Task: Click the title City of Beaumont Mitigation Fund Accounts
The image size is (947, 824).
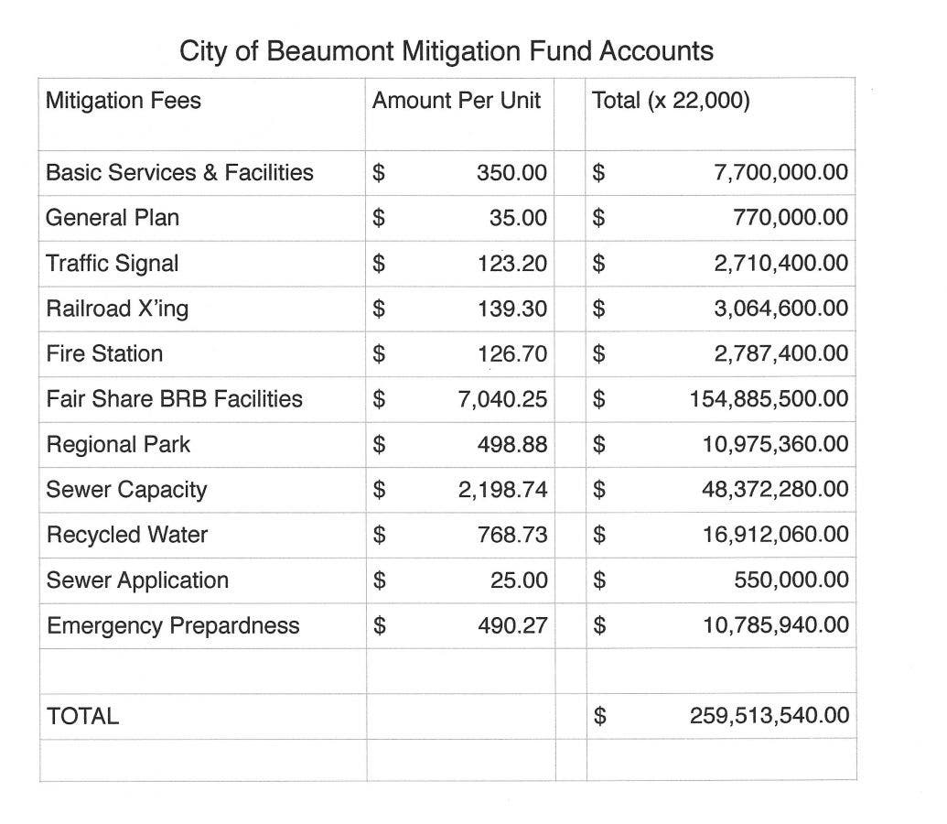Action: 446,50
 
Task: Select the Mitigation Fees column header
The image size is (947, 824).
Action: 123,100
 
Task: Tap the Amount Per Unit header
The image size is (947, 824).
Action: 456,100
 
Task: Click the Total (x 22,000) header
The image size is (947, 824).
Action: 671,100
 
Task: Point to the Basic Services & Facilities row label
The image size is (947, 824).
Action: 179,172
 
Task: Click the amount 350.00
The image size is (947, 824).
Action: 511,173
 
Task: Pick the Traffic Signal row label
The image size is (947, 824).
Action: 113,264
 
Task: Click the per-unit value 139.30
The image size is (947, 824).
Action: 511,309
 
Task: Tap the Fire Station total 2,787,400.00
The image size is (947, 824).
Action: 780,354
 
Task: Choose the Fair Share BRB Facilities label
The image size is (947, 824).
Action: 174,399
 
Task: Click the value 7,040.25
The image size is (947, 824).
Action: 502,400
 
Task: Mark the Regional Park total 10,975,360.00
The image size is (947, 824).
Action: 775,445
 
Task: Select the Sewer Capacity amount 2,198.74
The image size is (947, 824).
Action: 502,490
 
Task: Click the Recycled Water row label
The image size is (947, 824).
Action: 127,535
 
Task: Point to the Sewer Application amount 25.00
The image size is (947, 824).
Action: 518,580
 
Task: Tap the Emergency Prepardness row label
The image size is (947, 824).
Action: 173,626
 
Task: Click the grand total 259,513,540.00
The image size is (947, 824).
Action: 769,716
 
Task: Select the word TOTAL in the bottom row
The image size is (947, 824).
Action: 82,716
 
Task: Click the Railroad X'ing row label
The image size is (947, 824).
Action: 117,309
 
